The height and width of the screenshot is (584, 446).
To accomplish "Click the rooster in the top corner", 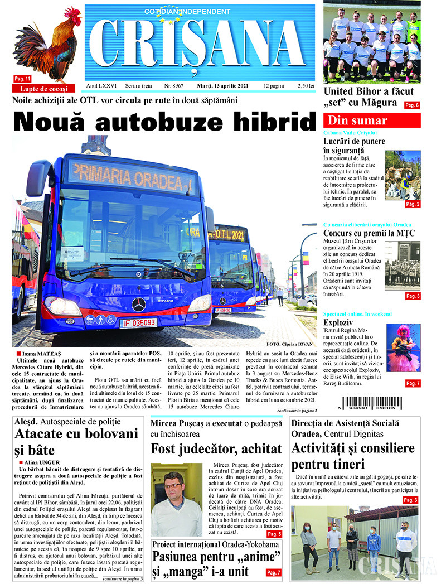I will [47, 45].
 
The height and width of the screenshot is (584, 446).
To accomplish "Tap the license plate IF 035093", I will [138, 323].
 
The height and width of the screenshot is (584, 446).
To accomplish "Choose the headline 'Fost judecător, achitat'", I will [216, 448].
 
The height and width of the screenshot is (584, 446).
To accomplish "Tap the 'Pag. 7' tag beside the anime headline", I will [274, 572].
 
